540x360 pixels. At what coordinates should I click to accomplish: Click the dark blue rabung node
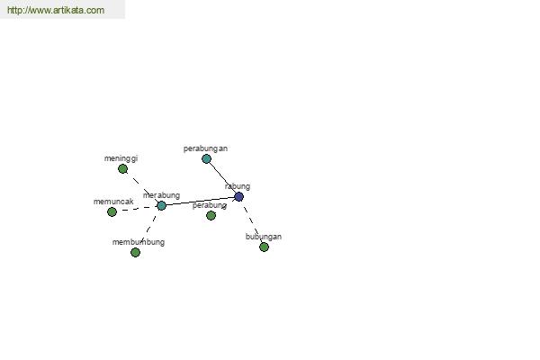pos(239,197)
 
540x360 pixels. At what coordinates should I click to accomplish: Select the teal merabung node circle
pos(161,206)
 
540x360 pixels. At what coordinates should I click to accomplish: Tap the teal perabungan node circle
pos(206,158)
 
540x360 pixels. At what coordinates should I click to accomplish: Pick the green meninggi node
pos(122,169)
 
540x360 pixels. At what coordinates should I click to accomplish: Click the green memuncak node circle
pos(112,211)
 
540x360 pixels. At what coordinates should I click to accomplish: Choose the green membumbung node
pos(135,253)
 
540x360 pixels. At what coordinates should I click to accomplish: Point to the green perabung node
pos(211,216)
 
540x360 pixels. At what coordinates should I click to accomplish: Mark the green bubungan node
pos(264,247)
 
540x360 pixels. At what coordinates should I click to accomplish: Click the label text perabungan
pos(205,148)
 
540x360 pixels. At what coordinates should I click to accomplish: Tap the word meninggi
pos(121,158)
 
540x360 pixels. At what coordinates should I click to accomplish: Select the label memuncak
pos(113,202)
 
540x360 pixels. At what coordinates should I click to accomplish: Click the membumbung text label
pos(139,242)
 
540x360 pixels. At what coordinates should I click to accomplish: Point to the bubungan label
pos(264,237)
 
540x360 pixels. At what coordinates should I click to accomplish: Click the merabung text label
pos(161,195)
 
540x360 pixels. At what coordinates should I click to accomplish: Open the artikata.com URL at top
pos(56,10)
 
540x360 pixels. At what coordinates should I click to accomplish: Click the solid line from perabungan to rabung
pos(222,178)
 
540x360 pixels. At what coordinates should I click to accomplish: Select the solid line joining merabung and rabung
pos(200,202)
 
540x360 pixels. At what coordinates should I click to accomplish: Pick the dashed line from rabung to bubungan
pos(252,222)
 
